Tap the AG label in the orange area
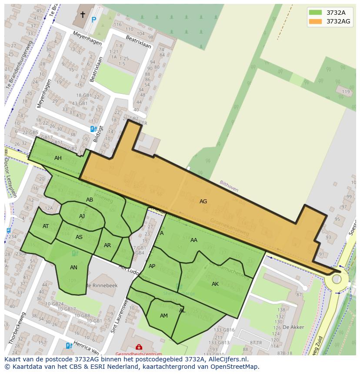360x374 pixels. point(203,202)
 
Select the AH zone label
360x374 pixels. point(58,158)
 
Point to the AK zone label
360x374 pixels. point(215,284)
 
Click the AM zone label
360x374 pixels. point(164,316)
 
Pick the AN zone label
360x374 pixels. point(73,268)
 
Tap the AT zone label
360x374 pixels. point(46,226)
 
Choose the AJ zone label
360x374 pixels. point(82,216)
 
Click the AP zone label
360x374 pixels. point(152,266)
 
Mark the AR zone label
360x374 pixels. point(107,245)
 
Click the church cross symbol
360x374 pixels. point(83,15)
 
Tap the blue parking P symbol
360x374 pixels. point(93,20)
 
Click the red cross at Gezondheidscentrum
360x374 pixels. point(139,347)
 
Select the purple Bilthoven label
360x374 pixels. point(229,186)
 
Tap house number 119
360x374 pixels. point(346,92)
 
